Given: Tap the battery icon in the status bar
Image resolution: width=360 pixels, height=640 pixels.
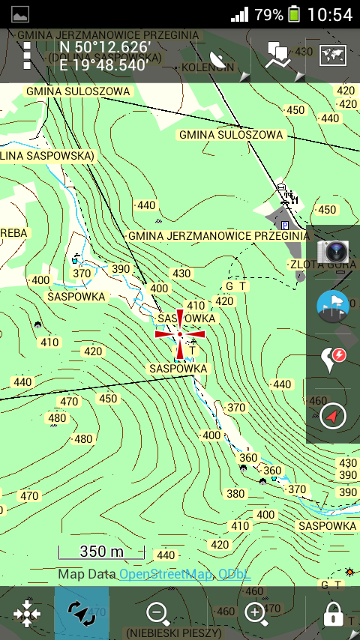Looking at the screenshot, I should (294, 14).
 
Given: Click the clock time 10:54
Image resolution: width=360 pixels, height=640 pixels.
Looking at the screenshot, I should (330, 14).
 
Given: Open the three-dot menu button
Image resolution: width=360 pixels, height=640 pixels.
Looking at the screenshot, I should (27, 55).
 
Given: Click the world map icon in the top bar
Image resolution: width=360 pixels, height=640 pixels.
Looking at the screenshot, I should (332, 55).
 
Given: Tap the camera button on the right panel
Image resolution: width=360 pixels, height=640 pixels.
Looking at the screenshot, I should (332, 252).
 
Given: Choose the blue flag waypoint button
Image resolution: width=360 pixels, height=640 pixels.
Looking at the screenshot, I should (333, 306).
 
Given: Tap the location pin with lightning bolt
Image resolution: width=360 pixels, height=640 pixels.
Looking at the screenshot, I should (333, 359).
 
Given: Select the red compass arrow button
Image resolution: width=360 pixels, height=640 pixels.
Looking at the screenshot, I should (333, 416).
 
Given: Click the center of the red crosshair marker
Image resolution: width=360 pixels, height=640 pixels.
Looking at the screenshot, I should (180, 333).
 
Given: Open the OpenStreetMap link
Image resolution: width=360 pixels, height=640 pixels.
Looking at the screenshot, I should (166, 574).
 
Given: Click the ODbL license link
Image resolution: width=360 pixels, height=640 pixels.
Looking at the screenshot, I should (234, 574).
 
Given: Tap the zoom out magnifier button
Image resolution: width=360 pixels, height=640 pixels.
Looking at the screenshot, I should (157, 614).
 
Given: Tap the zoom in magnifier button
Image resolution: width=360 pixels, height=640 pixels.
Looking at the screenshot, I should (256, 614).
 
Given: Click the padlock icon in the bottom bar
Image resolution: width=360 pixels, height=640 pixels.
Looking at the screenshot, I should (333, 615).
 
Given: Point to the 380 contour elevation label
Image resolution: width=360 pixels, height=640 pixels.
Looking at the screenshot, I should (236, 494).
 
